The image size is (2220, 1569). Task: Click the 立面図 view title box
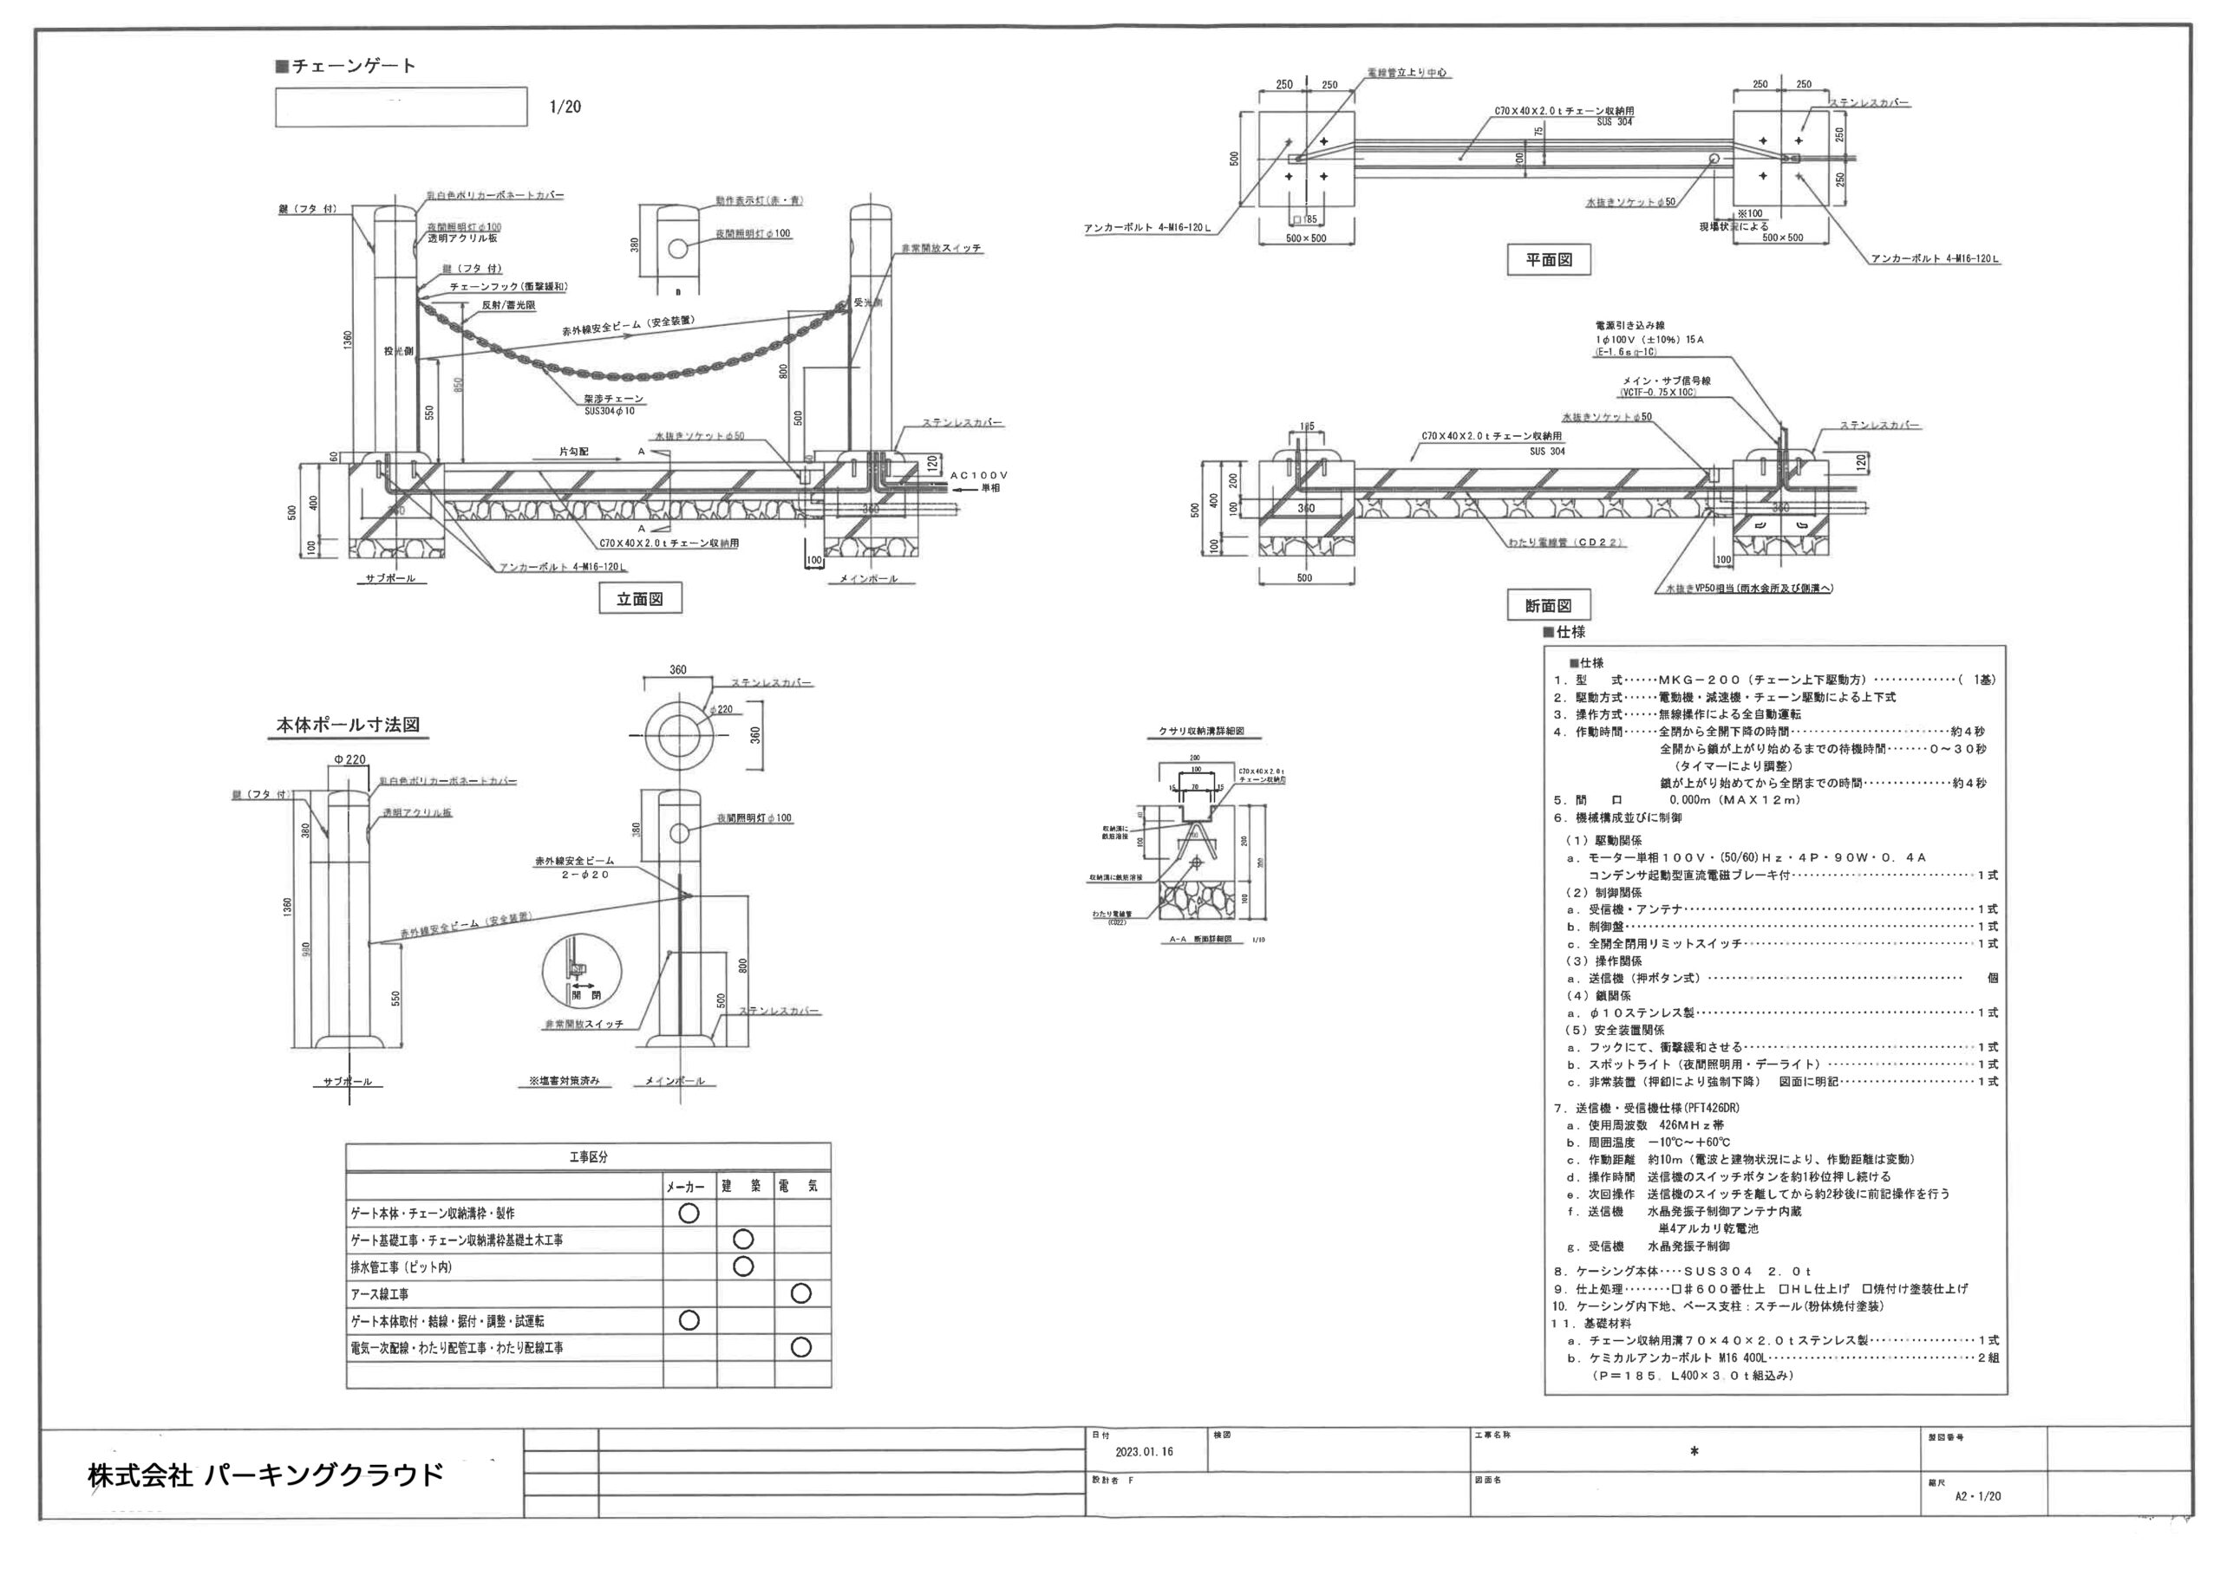640,598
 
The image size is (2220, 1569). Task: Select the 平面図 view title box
1548,259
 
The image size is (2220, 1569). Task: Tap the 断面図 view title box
1548,605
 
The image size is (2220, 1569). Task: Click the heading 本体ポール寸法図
348,725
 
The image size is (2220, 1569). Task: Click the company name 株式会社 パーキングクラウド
266,1475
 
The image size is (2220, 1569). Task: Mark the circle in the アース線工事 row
800,1293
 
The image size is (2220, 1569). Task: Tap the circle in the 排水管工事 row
742,1266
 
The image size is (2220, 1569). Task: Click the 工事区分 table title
588,1157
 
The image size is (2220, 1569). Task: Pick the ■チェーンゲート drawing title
346,66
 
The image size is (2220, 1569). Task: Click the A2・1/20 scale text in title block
1977,1495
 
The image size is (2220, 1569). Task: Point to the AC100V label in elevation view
979,475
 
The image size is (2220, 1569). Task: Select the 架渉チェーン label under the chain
613,398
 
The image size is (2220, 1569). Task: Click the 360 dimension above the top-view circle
678,669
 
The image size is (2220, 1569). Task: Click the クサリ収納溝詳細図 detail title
1201,732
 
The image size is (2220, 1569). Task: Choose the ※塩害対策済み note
564,1081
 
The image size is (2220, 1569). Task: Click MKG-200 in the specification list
1699,680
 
